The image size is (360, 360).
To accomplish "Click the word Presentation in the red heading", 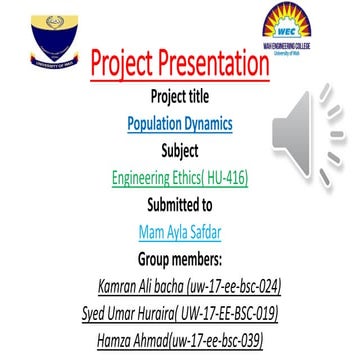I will tap(213, 66).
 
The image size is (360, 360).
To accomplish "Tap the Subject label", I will tap(180, 152).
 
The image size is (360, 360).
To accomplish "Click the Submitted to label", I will tap(180, 206).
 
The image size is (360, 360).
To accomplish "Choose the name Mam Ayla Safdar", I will tap(180, 233).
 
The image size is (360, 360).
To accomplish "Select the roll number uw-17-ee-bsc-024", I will tap(229, 287).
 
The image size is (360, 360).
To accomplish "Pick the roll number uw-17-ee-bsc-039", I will tap(218, 341).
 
